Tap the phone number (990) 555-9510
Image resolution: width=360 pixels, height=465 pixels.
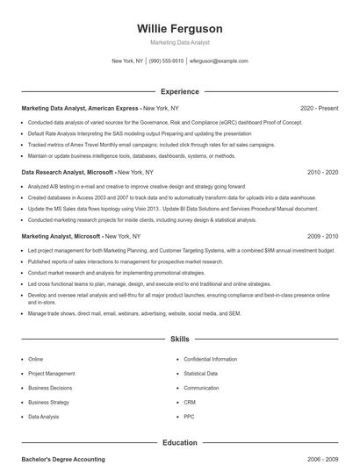[166, 61]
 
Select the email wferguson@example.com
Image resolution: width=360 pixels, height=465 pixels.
[220, 61]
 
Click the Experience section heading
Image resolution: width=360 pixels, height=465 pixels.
[180, 91]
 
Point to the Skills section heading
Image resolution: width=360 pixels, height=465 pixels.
[180, 338]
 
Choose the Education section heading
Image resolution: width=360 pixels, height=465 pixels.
[180, 443]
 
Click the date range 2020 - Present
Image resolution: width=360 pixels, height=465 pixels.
[319, 108]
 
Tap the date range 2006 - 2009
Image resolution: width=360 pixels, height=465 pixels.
[322, 460]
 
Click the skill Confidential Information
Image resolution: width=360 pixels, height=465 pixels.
[211, 359]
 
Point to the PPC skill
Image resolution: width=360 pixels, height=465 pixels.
[190, 417]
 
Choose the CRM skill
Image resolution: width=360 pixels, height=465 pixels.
[191, 403]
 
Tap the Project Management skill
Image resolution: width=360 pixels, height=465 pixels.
[52, 374]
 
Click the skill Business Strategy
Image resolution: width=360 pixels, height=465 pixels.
[48, 403]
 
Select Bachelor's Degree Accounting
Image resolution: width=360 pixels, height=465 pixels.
[63, 460]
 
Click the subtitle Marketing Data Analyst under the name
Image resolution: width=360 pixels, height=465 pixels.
[180, 42]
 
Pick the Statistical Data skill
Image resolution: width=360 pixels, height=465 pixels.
[201, 374]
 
